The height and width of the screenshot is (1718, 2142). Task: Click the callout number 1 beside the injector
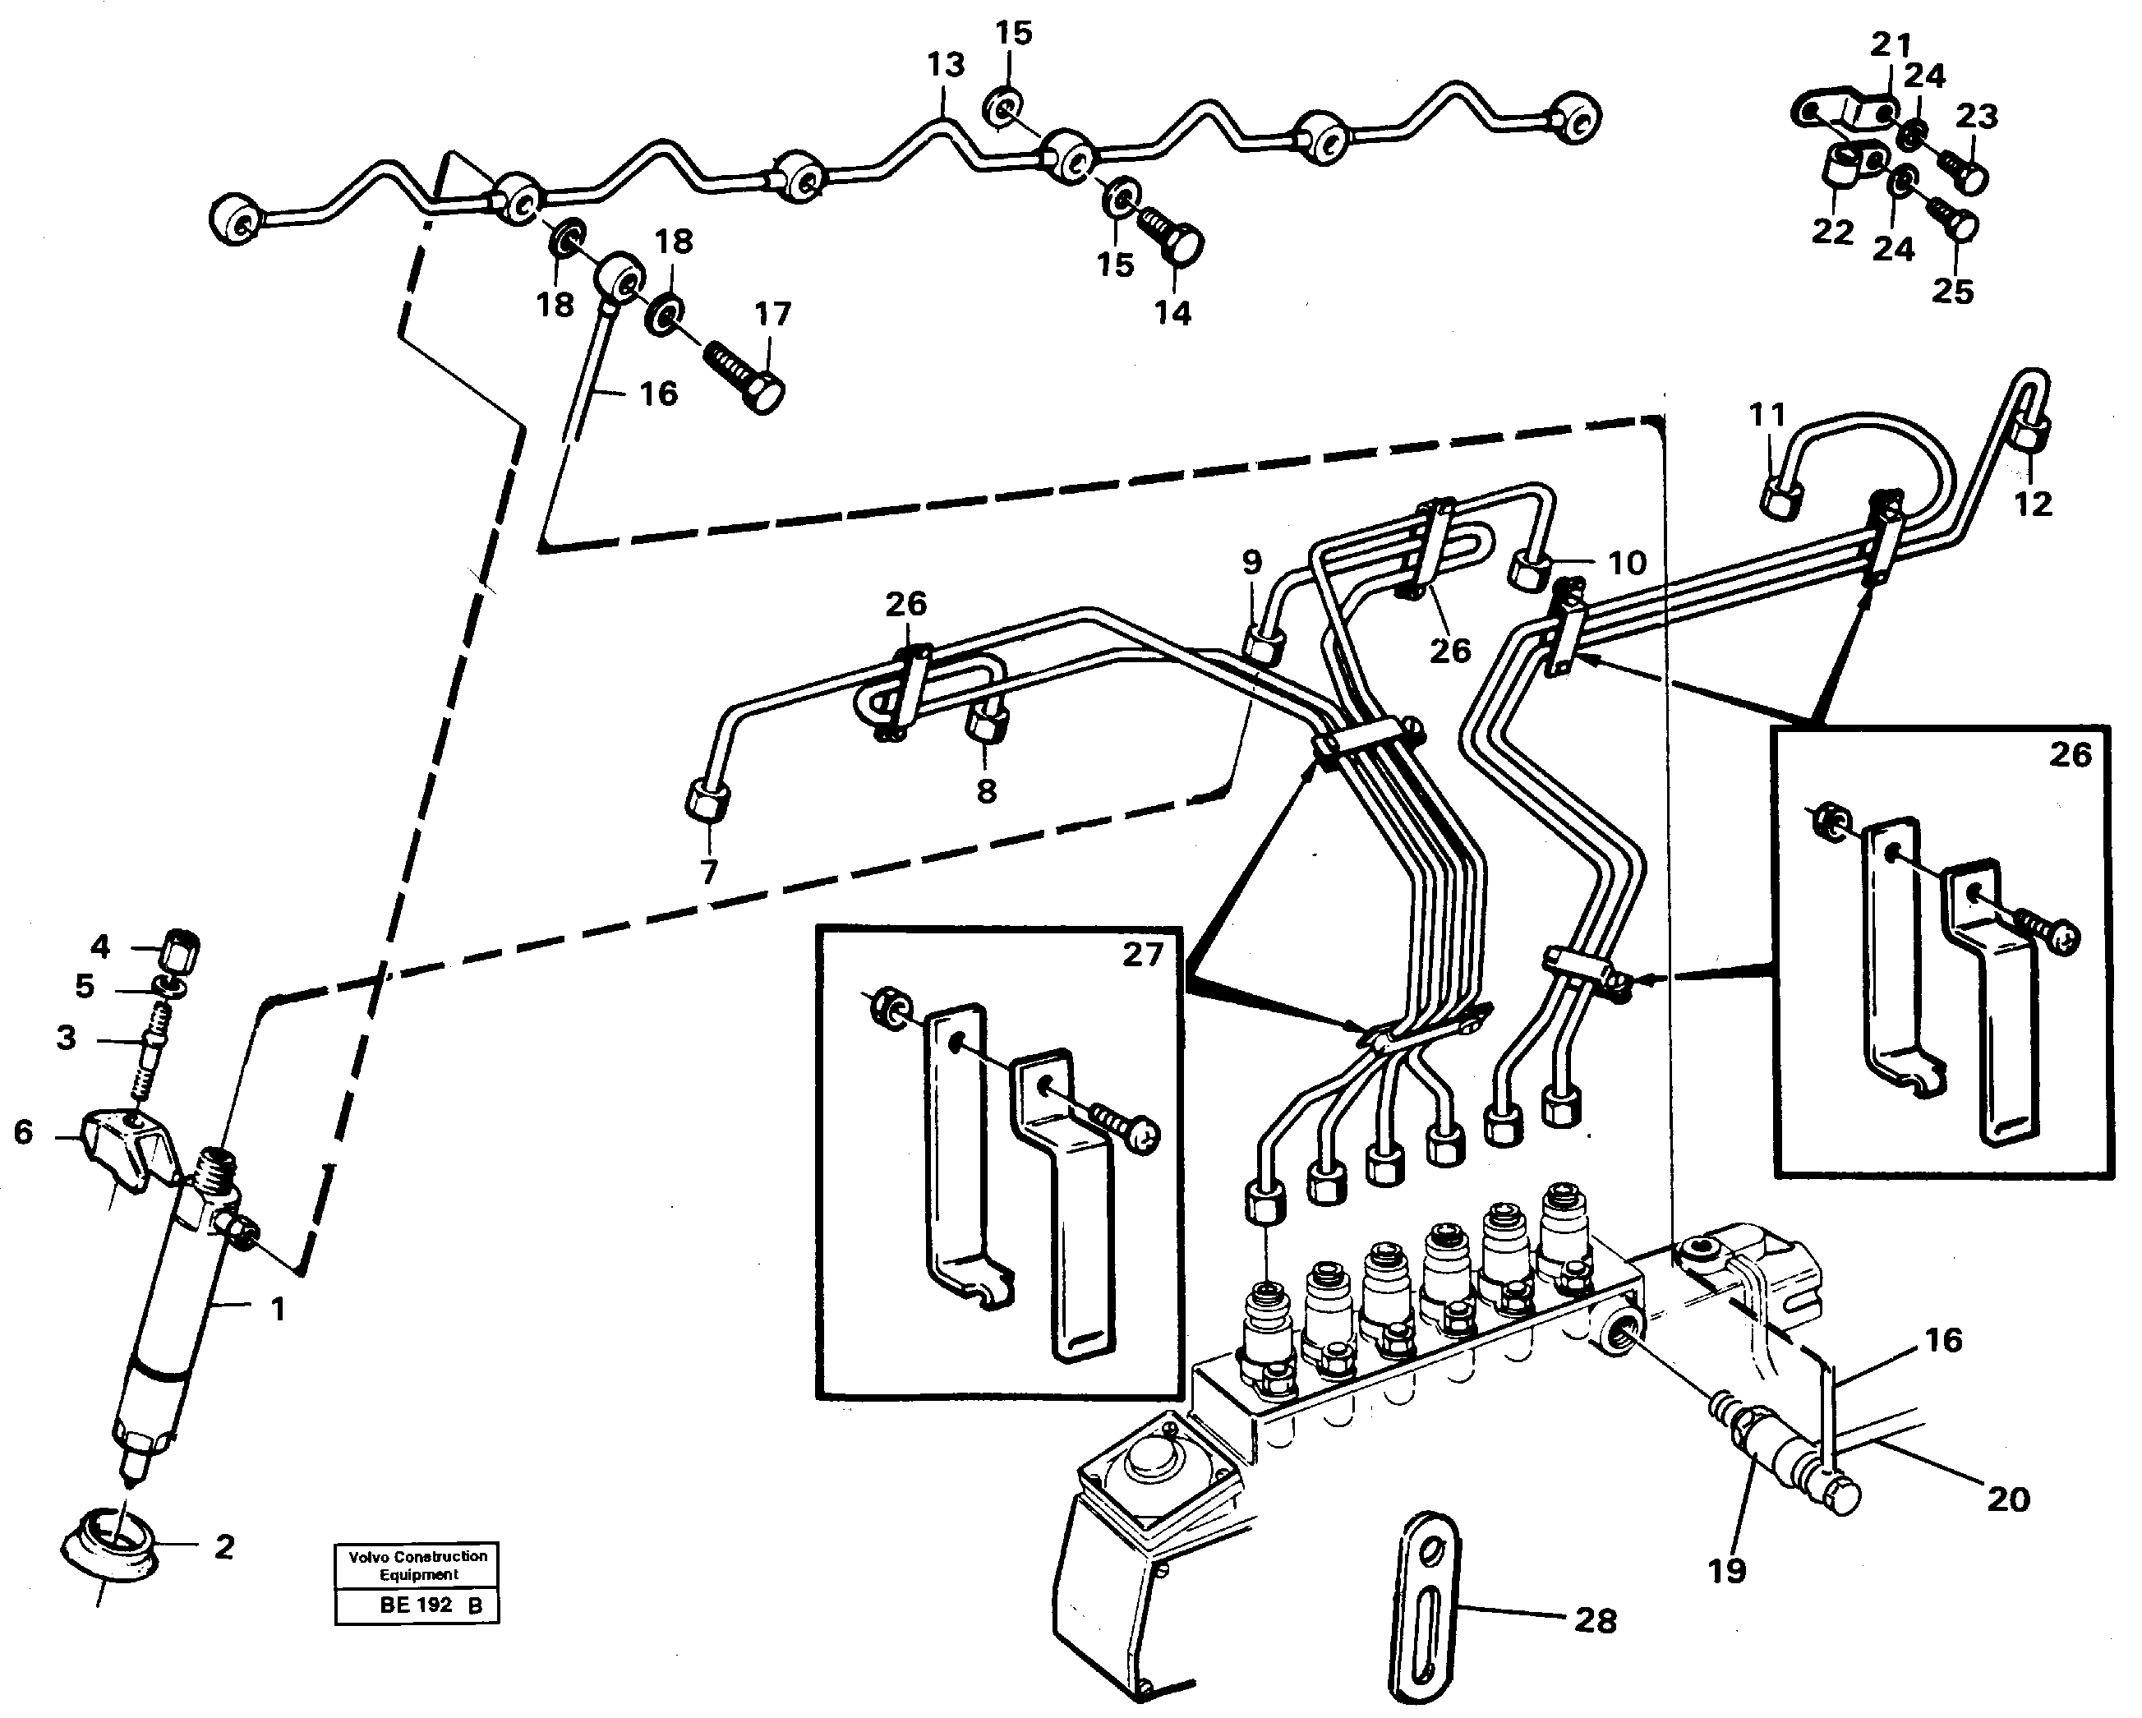tap(279, 1310)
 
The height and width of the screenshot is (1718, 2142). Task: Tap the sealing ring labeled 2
tap(109, 1546)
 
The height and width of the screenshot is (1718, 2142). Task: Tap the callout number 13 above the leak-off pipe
tap(945, 66)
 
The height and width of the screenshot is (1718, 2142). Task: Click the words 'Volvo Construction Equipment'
tap(417, 1565)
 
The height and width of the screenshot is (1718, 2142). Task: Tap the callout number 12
tap(2033, 504)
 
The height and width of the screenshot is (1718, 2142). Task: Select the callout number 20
tap(2008, 1499)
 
